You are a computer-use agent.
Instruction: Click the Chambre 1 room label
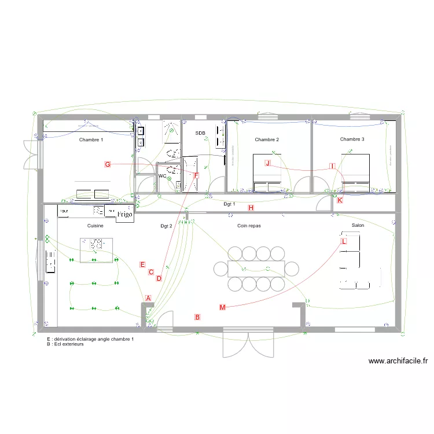point(91,140)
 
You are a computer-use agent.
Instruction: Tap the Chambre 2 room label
point(267,139)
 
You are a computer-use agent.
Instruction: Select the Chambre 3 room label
point(352,139)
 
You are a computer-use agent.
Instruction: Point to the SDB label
point(200,133)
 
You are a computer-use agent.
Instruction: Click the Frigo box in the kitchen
point(124,214)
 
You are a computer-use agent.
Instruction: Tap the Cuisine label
point(95,226)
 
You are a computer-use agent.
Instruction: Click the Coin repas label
point(249,226)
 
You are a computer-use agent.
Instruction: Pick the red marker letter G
point(108,164)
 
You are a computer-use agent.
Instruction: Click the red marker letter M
point(223,307)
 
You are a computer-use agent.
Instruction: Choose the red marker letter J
point(267,163)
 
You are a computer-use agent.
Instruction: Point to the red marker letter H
point(251,208)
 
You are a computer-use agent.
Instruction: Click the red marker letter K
point(340,200)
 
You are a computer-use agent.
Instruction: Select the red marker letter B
point(197,317)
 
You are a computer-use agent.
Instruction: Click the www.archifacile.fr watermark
point(399,361)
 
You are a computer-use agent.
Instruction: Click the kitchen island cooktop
point(95,245)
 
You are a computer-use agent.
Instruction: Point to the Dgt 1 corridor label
point(229,204)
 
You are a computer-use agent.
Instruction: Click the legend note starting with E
point(90,339)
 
